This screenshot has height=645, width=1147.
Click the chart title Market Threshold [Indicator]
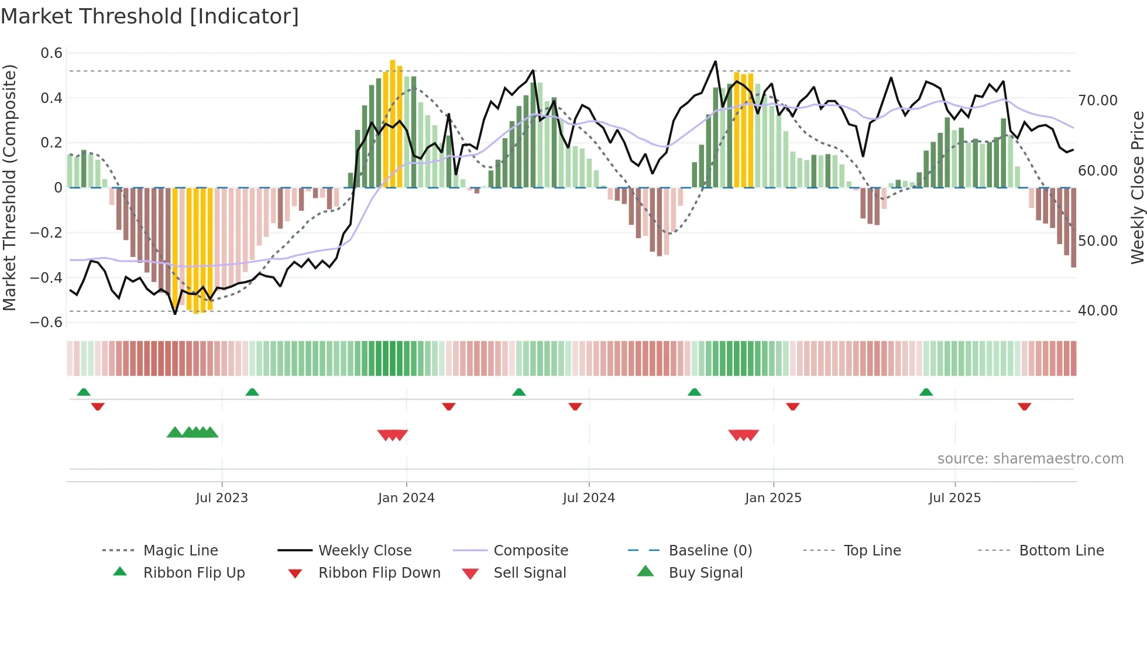point(150,16)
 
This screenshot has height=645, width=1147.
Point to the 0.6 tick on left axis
point(51,53)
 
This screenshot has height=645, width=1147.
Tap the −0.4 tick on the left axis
point(47,277)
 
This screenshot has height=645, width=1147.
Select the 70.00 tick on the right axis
point(1097,101)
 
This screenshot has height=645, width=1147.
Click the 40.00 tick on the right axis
point(1097,311)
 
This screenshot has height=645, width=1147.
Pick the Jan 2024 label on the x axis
point(406,498)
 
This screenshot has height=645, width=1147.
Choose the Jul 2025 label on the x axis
point(954,498)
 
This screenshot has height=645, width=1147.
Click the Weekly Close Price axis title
point(1137,187)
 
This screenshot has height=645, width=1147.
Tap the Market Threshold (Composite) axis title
point(9,187)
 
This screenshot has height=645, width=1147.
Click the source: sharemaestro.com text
point(1030,459)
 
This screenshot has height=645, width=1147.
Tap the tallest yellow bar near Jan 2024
point(393,123)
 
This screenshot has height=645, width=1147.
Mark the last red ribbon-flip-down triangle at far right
point(1024,406)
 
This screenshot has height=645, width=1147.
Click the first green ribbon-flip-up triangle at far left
point(84,392)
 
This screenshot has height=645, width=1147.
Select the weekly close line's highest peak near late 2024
point(715,61)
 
